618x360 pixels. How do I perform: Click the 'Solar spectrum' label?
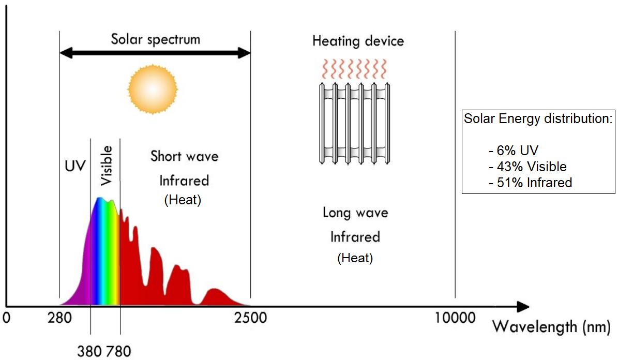[155, 39]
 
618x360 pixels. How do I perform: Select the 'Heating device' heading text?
[358, 41]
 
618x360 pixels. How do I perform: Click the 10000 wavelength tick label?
[455, 317]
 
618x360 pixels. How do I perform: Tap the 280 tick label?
[58, 317]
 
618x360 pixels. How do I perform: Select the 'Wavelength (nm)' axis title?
[551, 327]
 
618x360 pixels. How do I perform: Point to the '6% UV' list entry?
[513, 151]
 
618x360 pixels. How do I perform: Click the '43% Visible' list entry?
[527, 167]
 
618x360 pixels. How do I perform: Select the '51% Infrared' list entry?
[530, 183]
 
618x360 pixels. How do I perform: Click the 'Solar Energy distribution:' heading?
[538, 118]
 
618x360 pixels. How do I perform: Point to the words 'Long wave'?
[355, 213]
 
